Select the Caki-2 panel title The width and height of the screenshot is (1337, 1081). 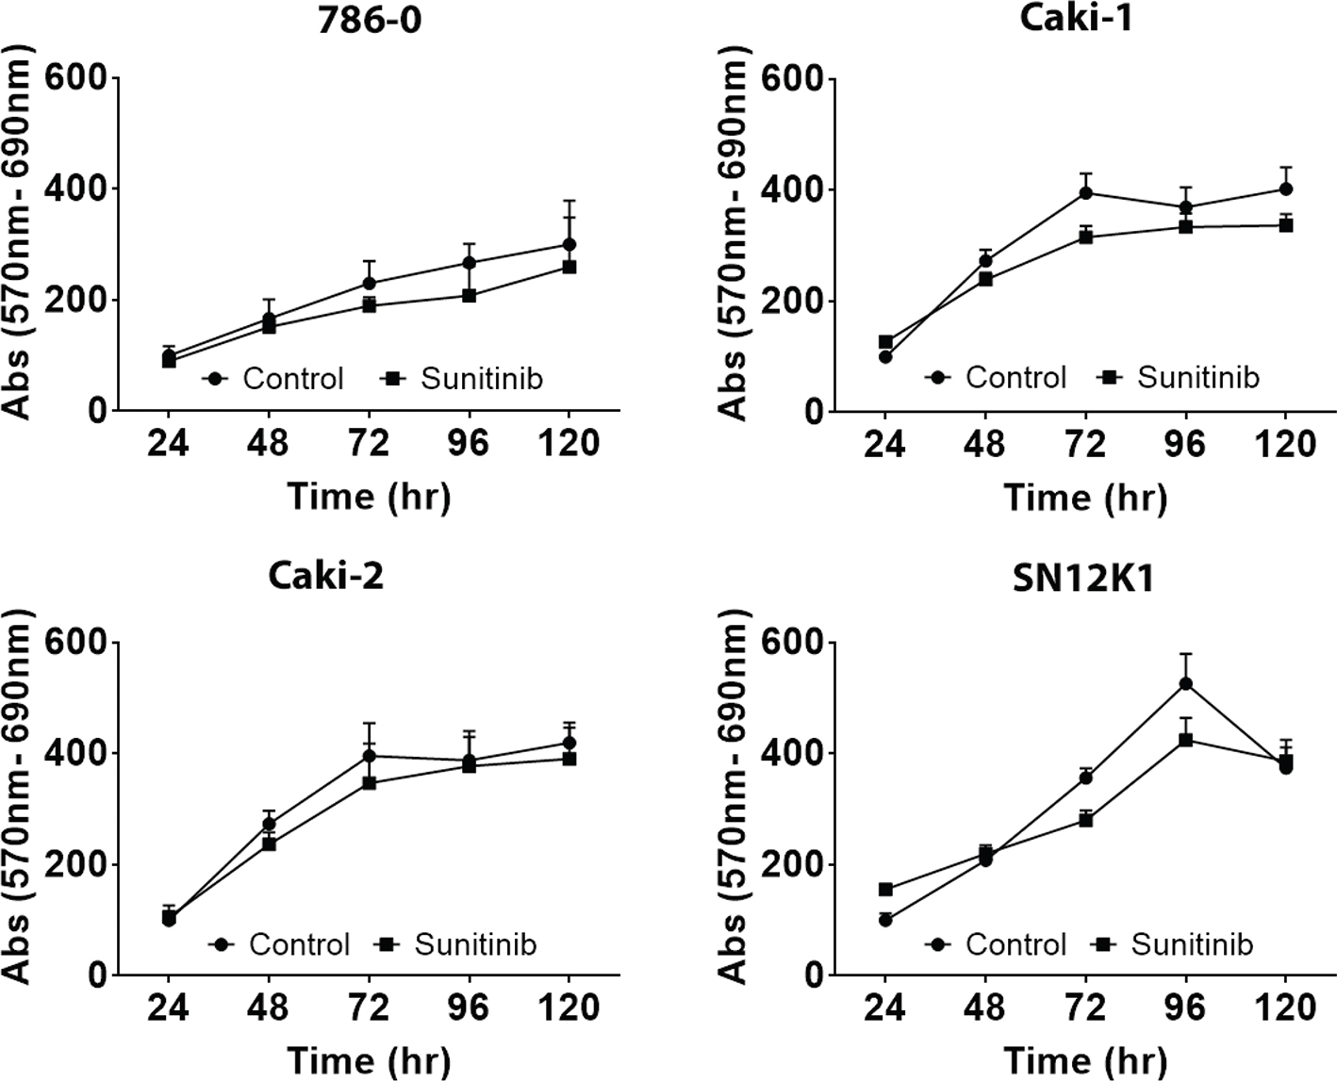326,575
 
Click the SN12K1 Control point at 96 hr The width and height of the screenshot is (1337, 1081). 1186,683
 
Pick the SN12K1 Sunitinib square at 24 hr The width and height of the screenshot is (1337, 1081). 885,889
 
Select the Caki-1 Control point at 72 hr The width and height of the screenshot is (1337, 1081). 1086,193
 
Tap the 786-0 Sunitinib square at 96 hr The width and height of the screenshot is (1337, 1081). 470,295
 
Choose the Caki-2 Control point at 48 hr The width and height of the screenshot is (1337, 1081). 269,824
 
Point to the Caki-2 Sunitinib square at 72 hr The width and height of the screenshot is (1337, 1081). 370,782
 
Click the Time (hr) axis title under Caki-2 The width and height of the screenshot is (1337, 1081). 369,1060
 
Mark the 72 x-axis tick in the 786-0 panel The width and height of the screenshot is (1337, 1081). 369,442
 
